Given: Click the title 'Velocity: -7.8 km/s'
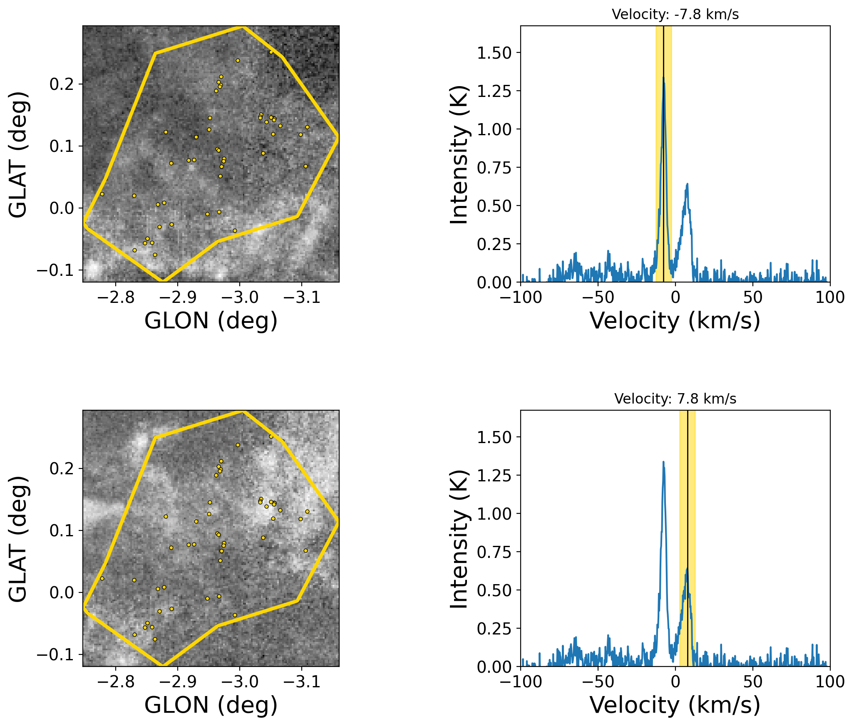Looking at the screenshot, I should [x=675, y=15].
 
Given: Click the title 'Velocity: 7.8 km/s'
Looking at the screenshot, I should [x=675, y=399].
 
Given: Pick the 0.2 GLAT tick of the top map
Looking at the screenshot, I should [x=62, y=84].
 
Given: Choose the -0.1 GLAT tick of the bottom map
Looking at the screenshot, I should [x=55, y=655].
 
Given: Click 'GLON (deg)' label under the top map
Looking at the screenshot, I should [x=211, y=321].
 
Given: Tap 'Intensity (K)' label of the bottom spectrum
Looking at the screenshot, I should [x=459, y=540].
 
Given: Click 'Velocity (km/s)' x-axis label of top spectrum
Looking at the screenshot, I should [x=675, y=321].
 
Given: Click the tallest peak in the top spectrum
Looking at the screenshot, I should [x=663, y=77].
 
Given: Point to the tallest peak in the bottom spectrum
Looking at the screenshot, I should [x=663, y=462].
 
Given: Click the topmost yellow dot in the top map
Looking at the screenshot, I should [x=271, y=52].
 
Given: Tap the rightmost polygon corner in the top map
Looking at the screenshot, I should [x=338, y=137].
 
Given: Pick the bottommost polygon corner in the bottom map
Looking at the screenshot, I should [x=162, y=666].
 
